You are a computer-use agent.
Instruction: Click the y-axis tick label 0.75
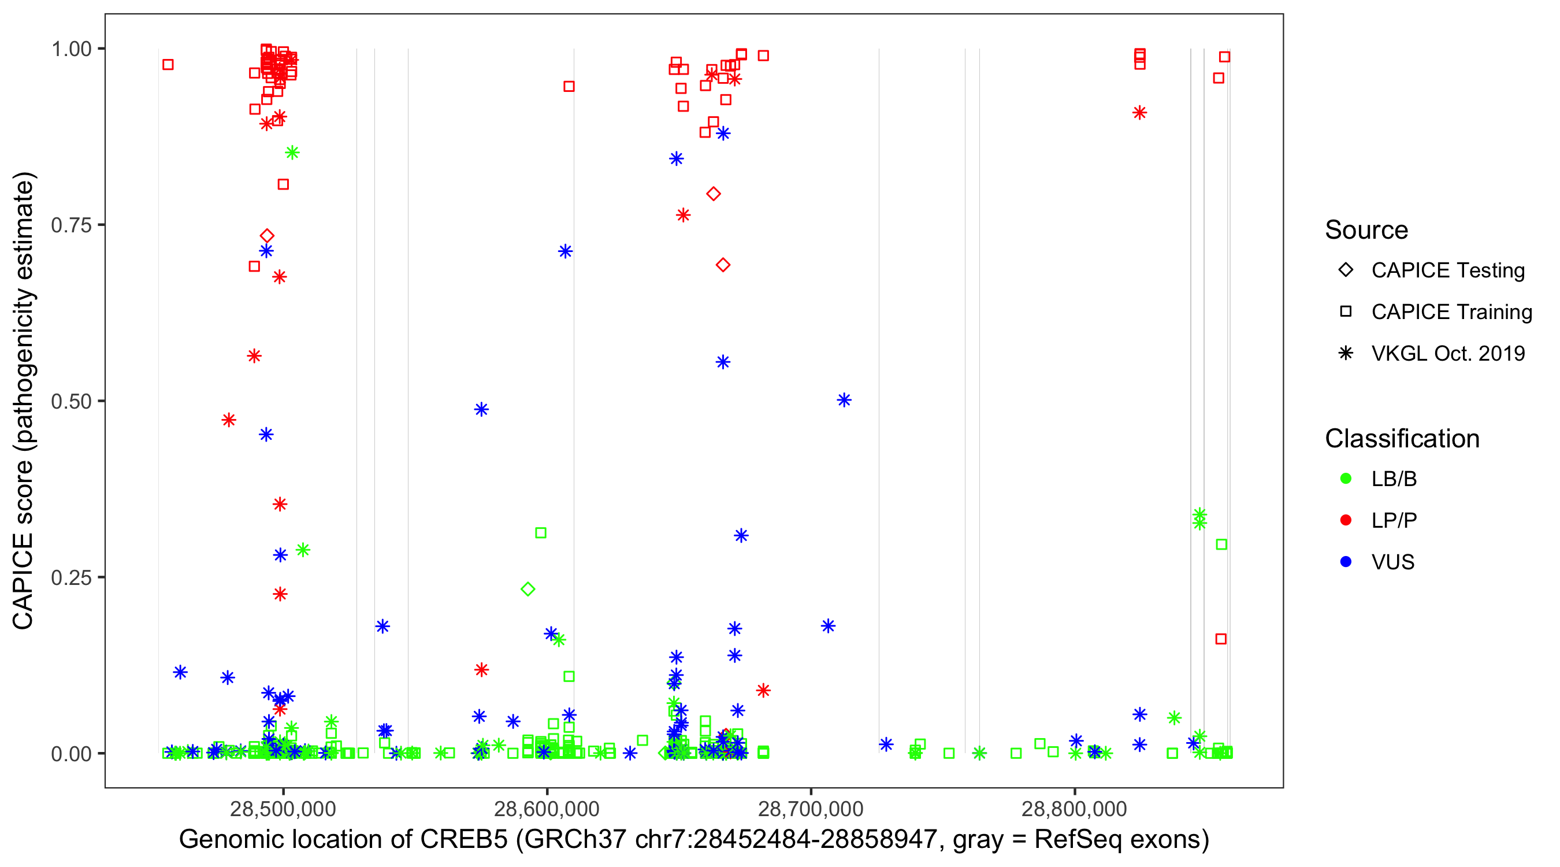tap(71, 225)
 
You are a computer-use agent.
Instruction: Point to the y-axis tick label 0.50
tap(71, 401)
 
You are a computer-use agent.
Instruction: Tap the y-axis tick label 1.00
tap(71, 49)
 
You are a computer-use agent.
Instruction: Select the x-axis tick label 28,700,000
tap(810, 808)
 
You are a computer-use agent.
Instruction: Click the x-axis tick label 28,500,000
tap(283, 808)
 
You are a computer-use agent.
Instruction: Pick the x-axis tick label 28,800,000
tap(1074, 808)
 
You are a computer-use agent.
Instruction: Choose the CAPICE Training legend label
tap(1451, 312)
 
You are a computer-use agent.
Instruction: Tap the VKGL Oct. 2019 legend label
tap(1448, 353)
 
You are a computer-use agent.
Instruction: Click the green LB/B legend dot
tap(1346, 479)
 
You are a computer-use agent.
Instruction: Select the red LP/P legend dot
tap(1346, 520)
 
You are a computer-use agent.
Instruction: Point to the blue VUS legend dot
tap(1346, 562)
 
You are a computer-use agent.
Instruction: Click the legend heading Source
tap(1366, 230)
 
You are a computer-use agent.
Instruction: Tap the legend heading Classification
tap(1402, 439)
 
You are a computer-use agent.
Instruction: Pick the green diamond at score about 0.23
tap(528, 589)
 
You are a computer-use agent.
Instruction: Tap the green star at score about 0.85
tap(292, 153)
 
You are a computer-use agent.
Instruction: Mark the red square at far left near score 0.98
tap(168, 65)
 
